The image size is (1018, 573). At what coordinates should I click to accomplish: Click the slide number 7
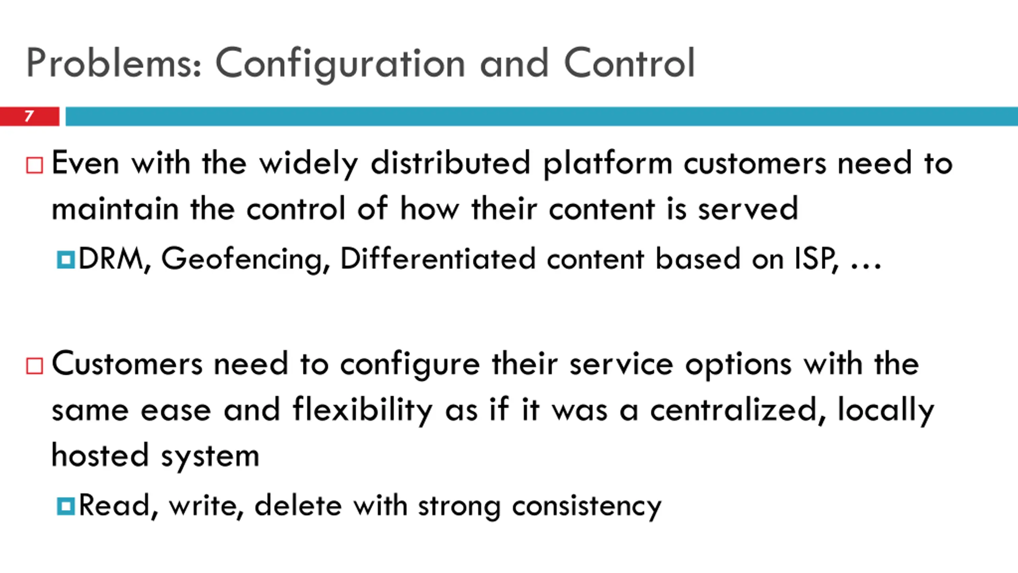click(29, 116)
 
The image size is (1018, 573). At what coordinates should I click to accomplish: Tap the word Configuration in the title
click(340, 64)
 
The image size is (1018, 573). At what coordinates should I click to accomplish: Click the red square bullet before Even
click(35, 165)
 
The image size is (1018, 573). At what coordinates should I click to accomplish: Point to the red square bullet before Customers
click(35, 366)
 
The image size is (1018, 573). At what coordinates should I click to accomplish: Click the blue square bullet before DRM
click(66, 259)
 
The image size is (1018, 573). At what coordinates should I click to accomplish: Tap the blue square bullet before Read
click(66, 506)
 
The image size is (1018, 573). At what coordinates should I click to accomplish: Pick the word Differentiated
click(438, 259)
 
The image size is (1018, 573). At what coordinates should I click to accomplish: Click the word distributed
click(451, 163)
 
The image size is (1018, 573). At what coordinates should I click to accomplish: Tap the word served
click(748, 209)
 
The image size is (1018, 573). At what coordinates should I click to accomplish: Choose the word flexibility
click(362, 410)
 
